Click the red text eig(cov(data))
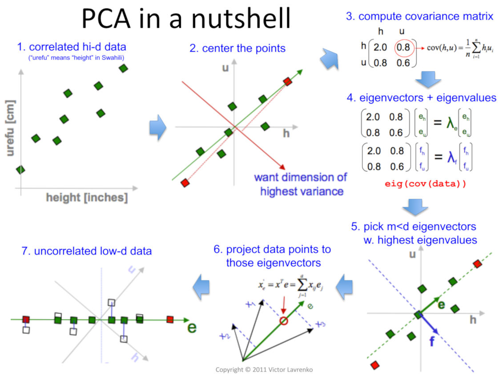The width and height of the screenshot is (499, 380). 426,183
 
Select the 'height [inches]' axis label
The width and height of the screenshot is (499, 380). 87,197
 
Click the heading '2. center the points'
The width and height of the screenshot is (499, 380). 237,49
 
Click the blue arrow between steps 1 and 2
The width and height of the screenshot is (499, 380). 157,128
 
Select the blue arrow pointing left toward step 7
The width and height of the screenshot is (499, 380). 202,283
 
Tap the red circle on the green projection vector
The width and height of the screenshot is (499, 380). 283,320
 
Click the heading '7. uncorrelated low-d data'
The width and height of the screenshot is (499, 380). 86,251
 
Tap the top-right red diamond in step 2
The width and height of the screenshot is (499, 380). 288,81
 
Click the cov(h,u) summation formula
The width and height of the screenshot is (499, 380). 455,47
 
